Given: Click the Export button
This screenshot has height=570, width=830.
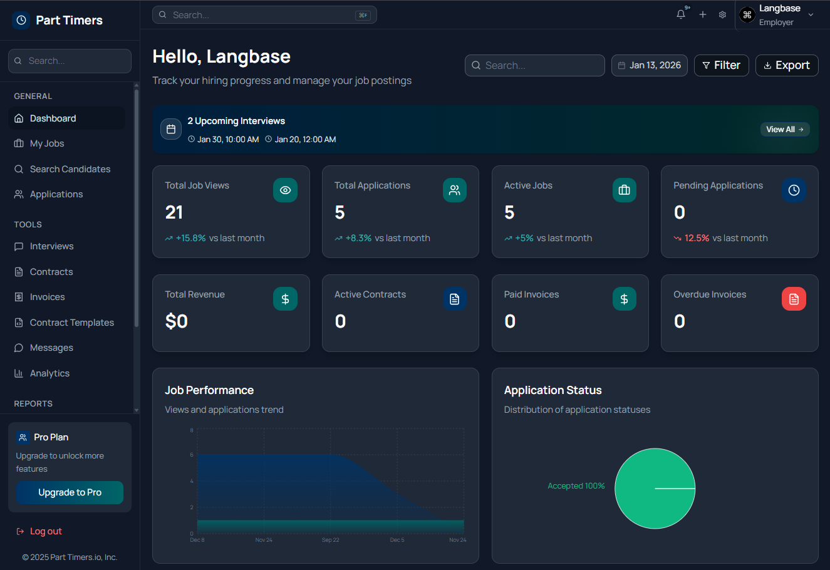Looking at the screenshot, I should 787,65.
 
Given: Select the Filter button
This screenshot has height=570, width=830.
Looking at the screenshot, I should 721,65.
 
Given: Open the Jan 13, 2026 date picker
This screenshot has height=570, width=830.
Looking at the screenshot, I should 650,65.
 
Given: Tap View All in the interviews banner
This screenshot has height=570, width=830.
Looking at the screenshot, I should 785,129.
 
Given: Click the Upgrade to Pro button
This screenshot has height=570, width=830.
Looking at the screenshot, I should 70,492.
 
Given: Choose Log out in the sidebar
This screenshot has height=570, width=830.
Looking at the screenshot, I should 46,531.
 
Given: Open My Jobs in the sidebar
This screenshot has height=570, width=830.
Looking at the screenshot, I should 47,143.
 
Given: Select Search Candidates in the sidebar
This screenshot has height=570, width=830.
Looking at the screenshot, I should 70,169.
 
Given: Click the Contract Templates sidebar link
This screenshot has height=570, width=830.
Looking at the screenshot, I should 71,323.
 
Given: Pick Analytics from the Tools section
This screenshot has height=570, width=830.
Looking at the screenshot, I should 49,373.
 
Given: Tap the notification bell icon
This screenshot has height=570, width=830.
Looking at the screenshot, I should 681,14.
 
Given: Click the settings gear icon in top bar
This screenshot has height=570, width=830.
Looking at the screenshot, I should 722,14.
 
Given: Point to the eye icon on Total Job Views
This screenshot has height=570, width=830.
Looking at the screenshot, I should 285,190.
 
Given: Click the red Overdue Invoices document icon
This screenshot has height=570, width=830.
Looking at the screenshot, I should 794,299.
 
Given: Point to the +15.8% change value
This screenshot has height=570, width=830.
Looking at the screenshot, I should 190,238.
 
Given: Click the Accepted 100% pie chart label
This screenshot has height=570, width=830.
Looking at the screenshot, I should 576,486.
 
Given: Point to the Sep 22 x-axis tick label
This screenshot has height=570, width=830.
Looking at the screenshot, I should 331,540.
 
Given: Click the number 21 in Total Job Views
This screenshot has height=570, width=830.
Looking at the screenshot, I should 174,212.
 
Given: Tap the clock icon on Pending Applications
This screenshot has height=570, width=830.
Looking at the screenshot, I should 794,190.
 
